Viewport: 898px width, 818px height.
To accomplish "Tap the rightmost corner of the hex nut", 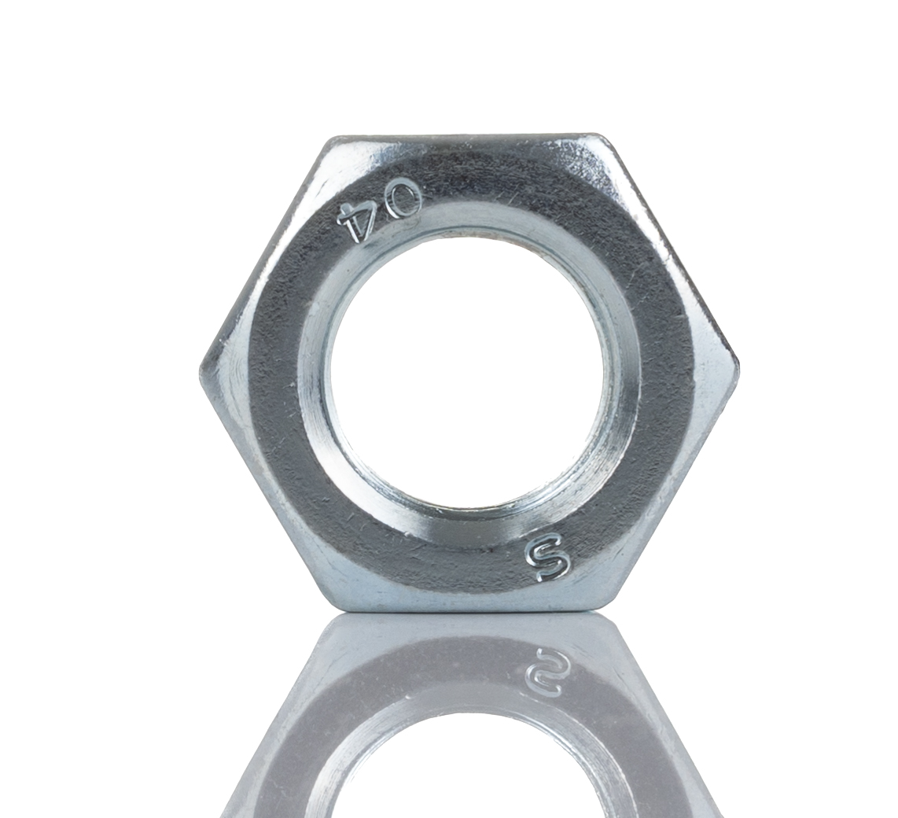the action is tap(740, 363).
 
